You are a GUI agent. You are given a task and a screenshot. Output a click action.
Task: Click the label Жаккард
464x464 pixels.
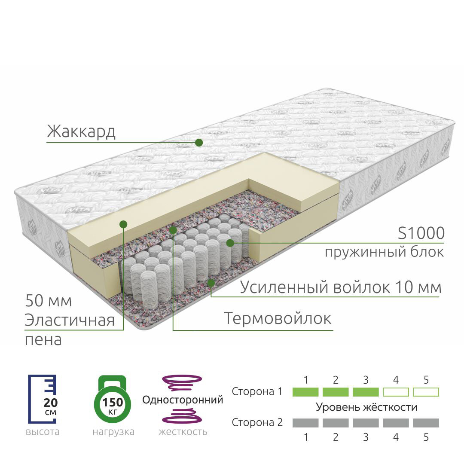[x=81, y=131]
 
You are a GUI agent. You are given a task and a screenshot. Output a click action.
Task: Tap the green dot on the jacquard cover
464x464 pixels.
[x=199, y=143]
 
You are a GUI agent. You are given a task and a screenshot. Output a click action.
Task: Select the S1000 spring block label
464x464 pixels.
[x=421, y=233]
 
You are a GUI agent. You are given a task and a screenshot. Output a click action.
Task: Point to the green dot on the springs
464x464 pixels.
[x=230, y=243]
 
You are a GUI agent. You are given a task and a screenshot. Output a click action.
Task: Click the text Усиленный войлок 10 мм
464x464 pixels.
[x=340, y=287]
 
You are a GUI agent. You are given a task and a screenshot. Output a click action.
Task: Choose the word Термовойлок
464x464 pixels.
[x=278, y=318]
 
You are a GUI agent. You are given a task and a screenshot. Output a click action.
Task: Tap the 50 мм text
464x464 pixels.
[x=48, y=301]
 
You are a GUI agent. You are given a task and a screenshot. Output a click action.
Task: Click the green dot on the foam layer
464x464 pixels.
[x=123, y=224]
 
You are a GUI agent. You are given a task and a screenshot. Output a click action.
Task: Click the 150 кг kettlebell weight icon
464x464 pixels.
[x=113, y=399]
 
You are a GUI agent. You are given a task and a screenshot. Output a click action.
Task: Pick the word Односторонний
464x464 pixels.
[x=183, y=400]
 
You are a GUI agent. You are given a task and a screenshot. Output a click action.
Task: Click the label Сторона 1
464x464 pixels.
[x=257, y=392]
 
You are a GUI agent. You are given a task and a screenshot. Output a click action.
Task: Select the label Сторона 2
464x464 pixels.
[x=257, y=423]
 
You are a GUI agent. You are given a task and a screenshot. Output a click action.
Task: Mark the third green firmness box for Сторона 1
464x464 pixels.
[x=366, y=392]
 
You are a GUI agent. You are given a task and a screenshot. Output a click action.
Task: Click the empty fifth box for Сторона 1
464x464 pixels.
[x=426, y=392]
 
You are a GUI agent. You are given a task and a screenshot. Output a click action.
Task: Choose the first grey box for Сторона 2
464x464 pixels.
[x=305, y=423]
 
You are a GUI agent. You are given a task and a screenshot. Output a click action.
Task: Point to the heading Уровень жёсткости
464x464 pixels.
[x=366, y=407]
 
